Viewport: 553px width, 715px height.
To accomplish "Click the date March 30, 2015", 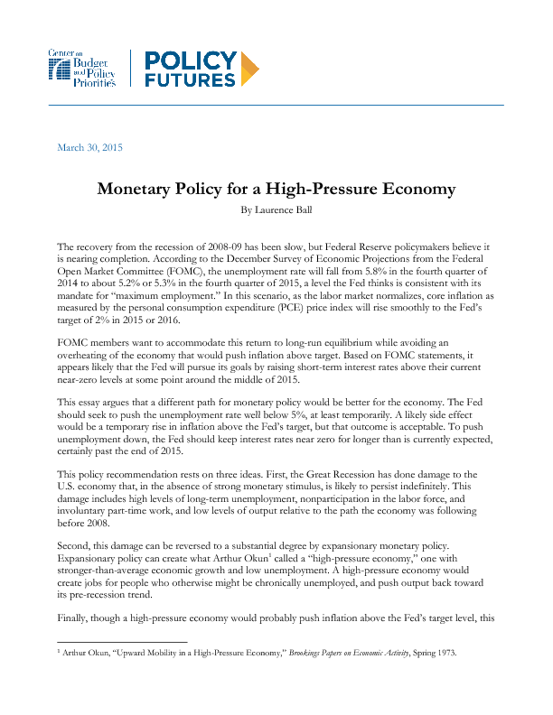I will pyautogui.click(x=89, y=147).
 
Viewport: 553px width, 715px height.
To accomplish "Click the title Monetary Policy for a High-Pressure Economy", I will pyautogui.click(x=276, y=190).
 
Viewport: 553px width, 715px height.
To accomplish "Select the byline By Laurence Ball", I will pyautogui.click(x=276, y=209).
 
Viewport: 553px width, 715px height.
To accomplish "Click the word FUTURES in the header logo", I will pyautogui.click(x=191, y=79).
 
